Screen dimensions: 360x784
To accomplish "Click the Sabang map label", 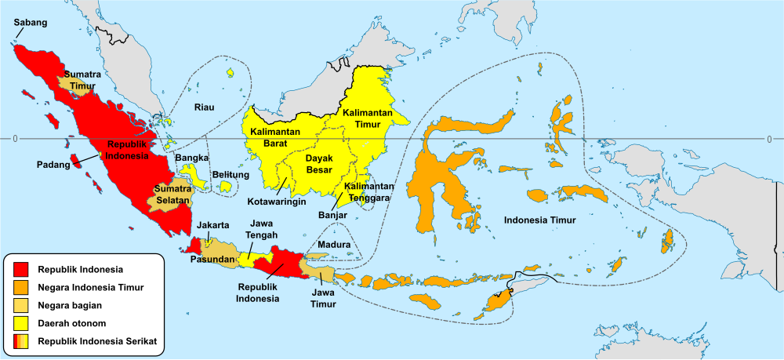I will (31, 23).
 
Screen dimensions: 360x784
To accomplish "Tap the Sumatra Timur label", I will (82, 80).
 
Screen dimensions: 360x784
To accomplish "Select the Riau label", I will (205, 107).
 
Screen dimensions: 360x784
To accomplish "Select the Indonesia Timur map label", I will (539, 220).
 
